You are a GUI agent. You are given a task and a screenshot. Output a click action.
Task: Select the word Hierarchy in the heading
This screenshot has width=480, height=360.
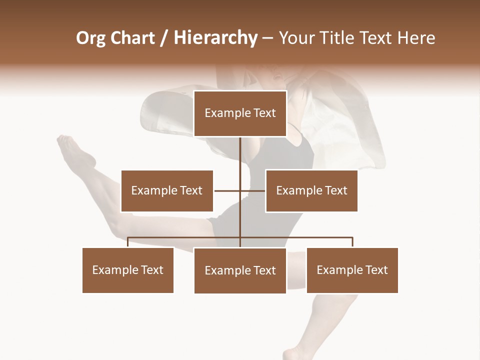[x=215, y=38]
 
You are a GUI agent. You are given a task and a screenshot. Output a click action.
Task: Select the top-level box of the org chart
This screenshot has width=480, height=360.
[x=240, y=113]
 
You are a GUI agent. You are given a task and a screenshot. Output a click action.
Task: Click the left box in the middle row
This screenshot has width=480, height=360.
[x=167, y=190]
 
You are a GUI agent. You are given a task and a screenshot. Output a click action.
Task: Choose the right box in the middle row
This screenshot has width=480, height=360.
[x=311, y=190]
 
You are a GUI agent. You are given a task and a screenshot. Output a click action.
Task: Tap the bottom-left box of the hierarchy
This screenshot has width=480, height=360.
[x=128, y=270]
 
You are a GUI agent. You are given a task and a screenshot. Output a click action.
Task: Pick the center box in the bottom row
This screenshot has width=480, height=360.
[x=240, y=270]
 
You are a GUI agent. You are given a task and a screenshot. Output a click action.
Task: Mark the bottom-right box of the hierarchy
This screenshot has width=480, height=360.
[x=352, y=270]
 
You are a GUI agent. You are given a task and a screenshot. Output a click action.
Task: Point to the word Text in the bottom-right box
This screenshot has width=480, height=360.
[x=376, y=270]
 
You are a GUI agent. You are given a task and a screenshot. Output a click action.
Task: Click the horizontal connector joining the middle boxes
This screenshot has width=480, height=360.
[x=252, y=190]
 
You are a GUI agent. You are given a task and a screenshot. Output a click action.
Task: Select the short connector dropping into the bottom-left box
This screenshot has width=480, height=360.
[x=128, y=242]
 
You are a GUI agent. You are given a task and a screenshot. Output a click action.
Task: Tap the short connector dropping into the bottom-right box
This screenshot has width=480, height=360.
[x=352, y=242]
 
